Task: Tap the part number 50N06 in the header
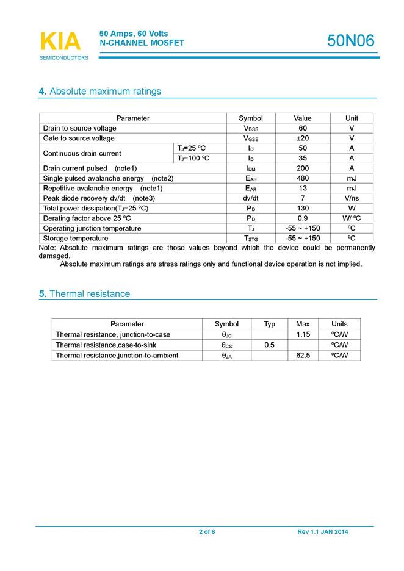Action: tap(351, 41)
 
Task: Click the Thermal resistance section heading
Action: tap(84, 294)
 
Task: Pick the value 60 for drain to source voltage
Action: tap(303, 128)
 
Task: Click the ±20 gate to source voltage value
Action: tap(303, 138)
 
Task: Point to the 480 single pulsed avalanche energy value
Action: tap(303, 178)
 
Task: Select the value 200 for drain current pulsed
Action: tap(303, 168)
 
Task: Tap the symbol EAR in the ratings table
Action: tap(251, 189)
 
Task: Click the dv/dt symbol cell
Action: tap(251, 198)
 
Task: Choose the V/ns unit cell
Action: tap(352, 198)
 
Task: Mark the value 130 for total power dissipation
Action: tap(303, 208)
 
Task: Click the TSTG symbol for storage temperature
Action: tap(251, 239)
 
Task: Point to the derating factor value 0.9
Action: tap(303, 218)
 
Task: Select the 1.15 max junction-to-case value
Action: tap(303, 334)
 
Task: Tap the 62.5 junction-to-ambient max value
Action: tap(303, 355)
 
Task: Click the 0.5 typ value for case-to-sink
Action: tap(269, 345)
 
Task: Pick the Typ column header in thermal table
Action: tap(269, 324)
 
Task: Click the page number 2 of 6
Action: tap(207, 532)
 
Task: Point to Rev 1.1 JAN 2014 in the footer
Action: tap(323, 532)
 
